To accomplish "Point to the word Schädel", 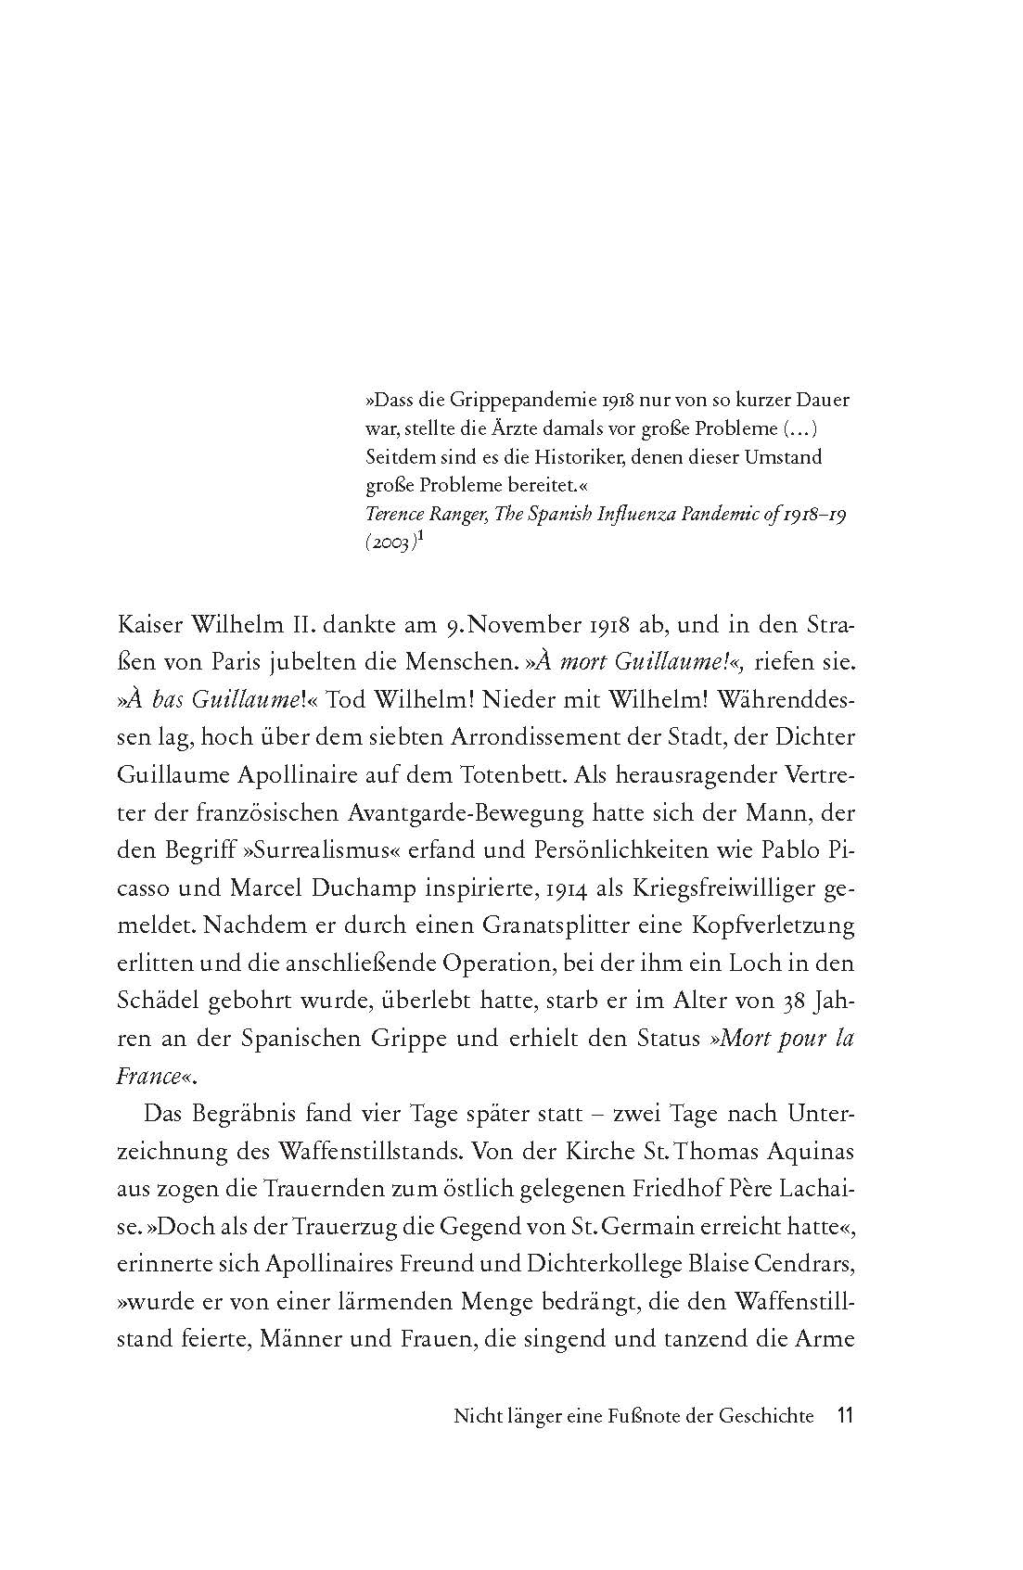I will click(x=154, y=1001).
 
